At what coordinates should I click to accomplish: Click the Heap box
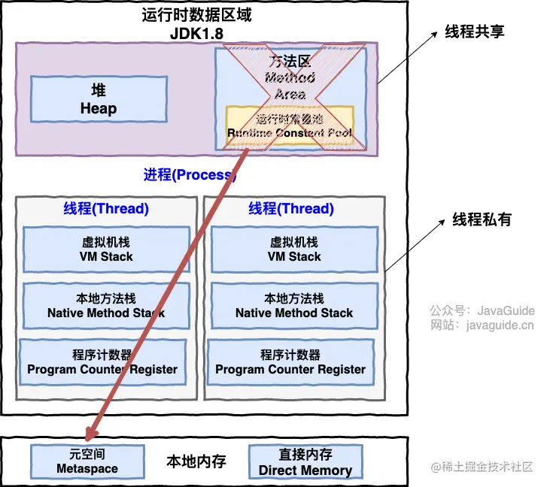99,99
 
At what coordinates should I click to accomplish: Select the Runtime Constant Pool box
290,126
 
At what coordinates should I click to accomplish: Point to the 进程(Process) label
190,175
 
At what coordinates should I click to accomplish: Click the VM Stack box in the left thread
106,250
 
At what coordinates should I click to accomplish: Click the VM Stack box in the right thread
294,250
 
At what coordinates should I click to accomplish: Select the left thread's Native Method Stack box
106,306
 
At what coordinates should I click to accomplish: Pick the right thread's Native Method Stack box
294,306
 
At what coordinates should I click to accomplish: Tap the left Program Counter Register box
102,362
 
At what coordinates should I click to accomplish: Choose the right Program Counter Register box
290,362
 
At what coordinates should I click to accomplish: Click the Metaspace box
87,461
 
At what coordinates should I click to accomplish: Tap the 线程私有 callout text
482,219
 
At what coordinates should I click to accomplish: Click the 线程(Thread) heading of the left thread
105,208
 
